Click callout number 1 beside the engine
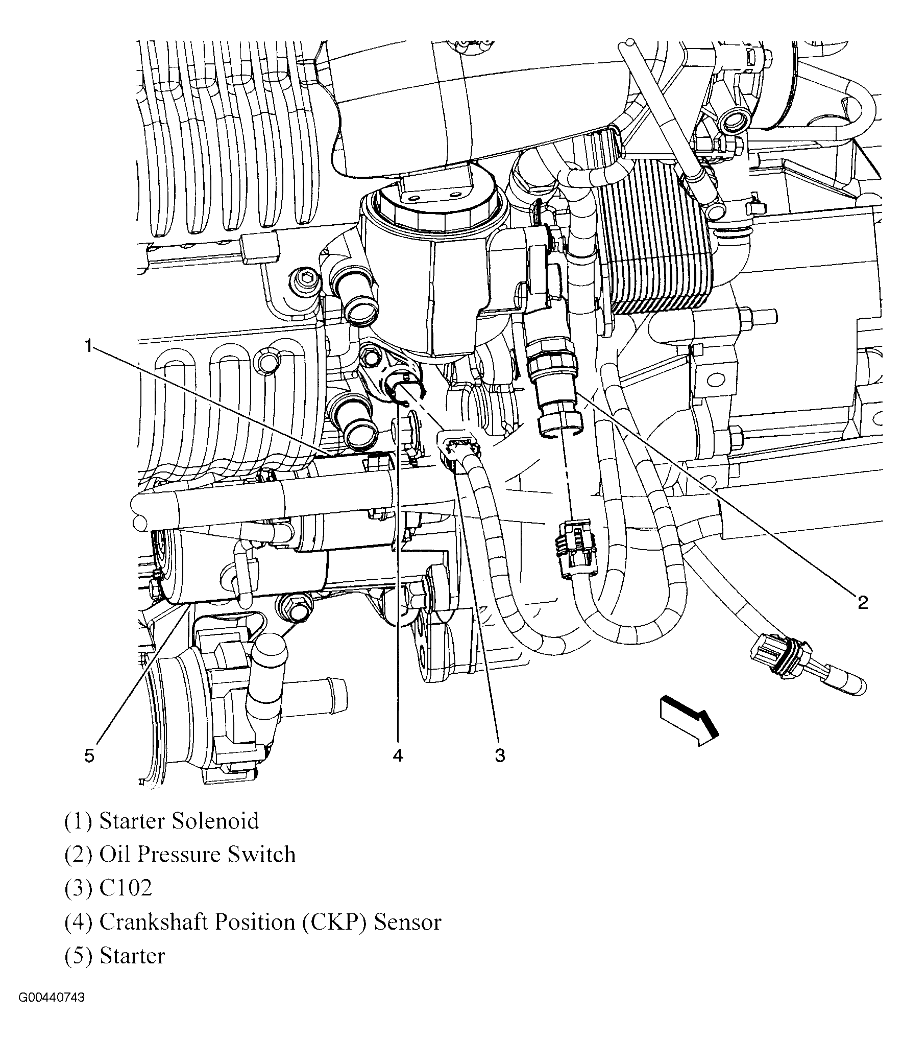[88, 347]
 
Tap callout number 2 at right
[862, 603]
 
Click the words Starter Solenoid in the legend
[179, 821]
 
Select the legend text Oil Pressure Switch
[197, 855]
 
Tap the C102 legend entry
[125, 888]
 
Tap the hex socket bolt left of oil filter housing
[305, 279]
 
